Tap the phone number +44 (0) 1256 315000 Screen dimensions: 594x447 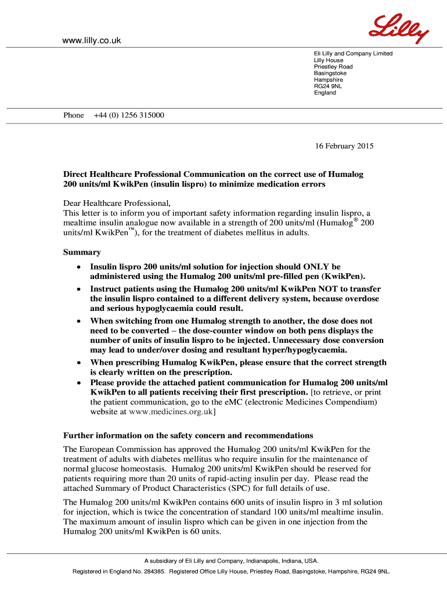tap(129, 115)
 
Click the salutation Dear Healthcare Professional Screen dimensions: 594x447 tap(117, 203)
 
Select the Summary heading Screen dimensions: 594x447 tap(82, 252)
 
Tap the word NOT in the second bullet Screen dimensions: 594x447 tap(308, 289)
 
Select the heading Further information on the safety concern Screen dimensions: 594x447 tap(188, 436)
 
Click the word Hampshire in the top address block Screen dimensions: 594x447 tap(329, 80)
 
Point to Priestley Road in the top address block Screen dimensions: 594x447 tap(333, 67)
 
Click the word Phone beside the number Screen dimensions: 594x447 tap(74, 115)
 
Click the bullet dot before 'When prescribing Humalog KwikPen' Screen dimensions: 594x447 tap(78, 363)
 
